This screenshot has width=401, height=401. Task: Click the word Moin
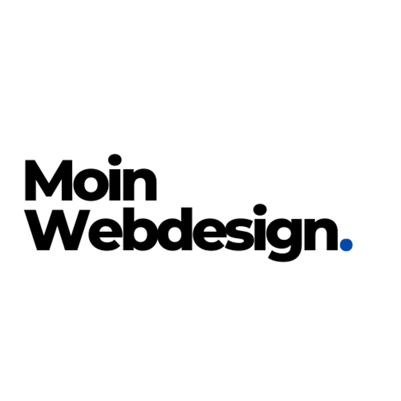pyautogui.click(x=91, y=178)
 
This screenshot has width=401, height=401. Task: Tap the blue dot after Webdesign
pyautogui.click(x=346, y=245)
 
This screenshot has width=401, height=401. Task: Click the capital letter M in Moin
pyautogui.click(x=49, y=180)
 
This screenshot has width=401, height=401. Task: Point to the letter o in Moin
pyautogui.click(x=91, y=184)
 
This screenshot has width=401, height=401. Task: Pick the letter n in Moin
pyautogui.click(x=140, y=184)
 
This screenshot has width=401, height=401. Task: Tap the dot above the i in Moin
pyautogui.click(x=115, y=160)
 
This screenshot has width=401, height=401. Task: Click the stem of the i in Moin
pyautogui.click(x=115, y=184)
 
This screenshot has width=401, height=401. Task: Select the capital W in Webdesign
pyautogui.click(x=57, y=230)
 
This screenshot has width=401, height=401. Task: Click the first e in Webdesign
pyautogui.click(x=105, y=235)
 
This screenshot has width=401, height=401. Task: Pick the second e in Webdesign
pyautogui.click(x=210, y=235)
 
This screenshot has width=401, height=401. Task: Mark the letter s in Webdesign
pyautogui.click(x=239, y=235)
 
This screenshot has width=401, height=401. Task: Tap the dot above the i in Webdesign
pyautogui.click(x=260, y=210)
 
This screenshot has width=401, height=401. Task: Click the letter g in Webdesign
pyautogui.click(x=284, y=240)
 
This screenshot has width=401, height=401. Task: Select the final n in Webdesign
pyautogui.click(x=321, y=234)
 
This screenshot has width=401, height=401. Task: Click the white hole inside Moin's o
pyautogui.click(x=91, y=184)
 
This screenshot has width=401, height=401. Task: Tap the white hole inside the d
pyautogui.click(x=175, y=235)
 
